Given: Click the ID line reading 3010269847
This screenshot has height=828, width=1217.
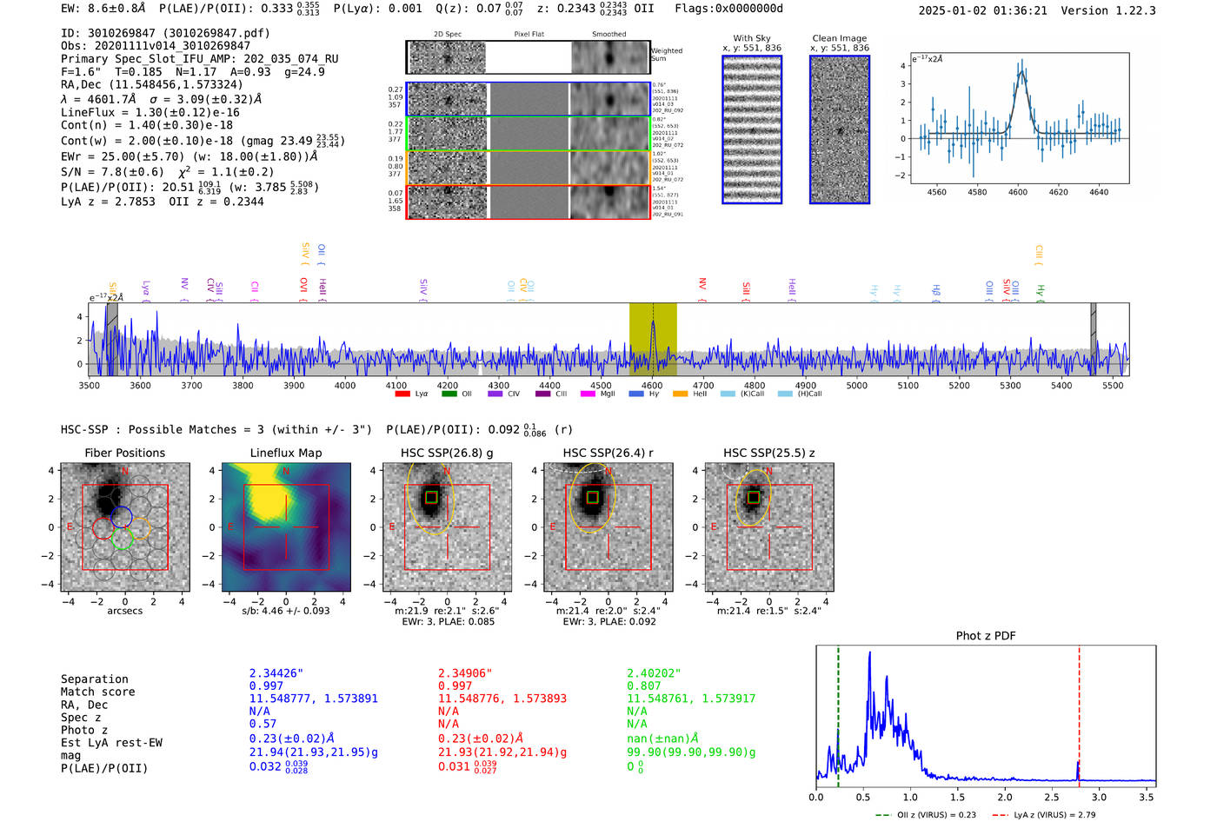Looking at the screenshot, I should pyautogui.click(x=165, y=33).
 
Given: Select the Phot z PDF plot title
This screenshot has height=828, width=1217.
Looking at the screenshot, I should pyautogui.click(x=985, y=636).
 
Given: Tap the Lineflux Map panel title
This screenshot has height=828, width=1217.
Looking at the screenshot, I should pyautogui.click(x=285, y=453).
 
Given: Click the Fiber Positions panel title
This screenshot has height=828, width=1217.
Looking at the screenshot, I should pyautogui.click(x=124, y=453).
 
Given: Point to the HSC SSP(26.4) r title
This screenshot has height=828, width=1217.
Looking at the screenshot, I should pyautogui.click(x=608, y=453).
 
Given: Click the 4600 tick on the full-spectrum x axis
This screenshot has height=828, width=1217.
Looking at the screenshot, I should pyautogui.click(x=652, y=386).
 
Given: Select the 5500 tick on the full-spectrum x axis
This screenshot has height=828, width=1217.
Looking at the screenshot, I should pyautogui.click(x=1113, y=386).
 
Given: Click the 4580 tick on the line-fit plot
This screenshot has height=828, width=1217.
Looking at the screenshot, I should pyautogui.click(x=977, y=192).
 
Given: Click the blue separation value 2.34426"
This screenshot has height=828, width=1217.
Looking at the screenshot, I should pyautogui.click(x=276, y=673).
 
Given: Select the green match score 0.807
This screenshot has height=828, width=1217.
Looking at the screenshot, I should pyautogui.click(x=644, y=686).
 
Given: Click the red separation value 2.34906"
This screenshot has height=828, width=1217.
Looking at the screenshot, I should pyautogui.click(x=465, y=673).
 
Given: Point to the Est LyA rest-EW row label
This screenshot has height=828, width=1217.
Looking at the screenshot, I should pyautogui.click(x=111, y=743).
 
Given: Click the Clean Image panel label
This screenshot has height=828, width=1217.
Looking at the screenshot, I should pyautogui.click(x=839, y=38).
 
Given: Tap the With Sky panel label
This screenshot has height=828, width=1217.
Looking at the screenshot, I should pyautogui.click(x=751, y=38).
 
